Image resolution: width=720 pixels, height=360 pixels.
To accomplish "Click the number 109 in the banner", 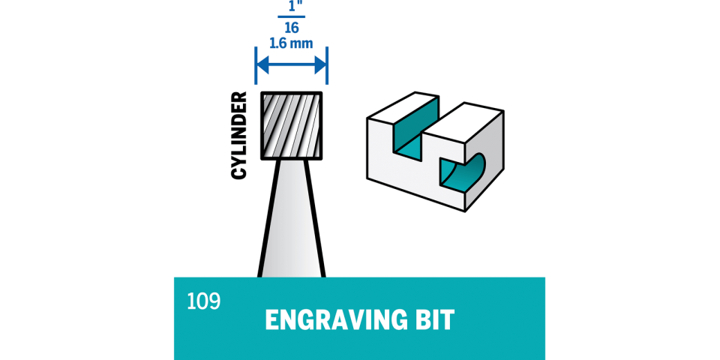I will pyautogui.click(x=204, y=301).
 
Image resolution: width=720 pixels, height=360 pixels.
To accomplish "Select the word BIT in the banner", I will pyautogui.click(x=434, y=320).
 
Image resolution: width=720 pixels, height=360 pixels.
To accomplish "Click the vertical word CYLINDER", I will pyautogui.click(x=239, y=135).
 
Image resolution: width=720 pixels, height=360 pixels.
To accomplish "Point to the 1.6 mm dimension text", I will pyautogui.click(x=291, y=43).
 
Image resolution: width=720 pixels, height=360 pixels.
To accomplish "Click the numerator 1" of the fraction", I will pyautogui.click(x=291, y=5).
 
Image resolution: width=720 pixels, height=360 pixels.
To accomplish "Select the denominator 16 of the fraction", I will pyautogui.click(x=291, y=26).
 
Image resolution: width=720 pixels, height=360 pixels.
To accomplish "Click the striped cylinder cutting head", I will pyautogui.click(x=291, y=125).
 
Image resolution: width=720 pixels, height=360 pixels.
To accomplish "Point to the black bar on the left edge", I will pyautogui.click(x=19, y=180).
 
